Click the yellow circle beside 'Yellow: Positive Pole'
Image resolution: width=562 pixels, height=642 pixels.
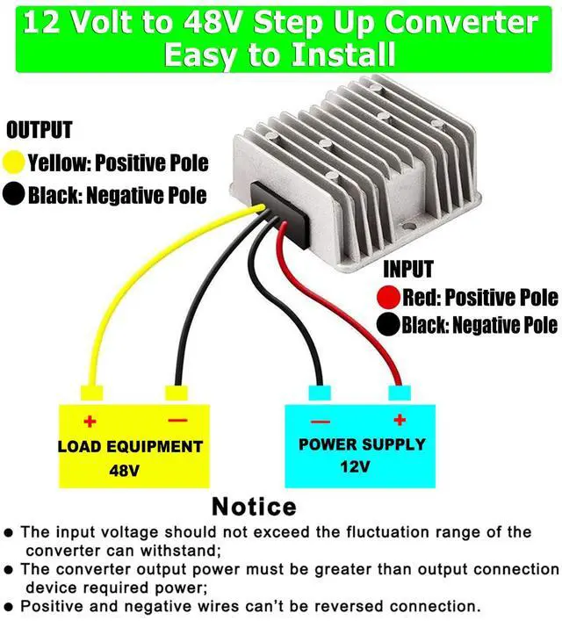tap(15, 162)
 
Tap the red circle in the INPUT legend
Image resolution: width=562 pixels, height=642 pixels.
tap(390, 296)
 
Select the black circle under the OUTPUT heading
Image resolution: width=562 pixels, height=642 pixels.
tap(15, 194)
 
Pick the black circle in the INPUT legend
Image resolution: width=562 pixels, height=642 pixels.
tap(390, 325)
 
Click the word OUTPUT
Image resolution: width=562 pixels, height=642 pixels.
tap(40, 131)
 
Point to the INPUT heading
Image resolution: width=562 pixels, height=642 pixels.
tap(408, 269)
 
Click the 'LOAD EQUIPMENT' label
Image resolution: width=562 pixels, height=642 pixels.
tap(130, 446)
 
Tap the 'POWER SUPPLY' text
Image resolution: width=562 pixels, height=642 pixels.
tap(362, 444)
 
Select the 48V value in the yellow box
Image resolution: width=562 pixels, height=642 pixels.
tap(126, 470)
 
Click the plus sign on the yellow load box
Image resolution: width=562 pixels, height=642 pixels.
tap(89, 422)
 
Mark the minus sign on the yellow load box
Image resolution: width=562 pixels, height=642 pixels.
tap(177, 422)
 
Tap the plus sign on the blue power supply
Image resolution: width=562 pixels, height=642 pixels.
tap(400, 420)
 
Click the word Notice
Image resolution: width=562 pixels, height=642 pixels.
tap(254, 507)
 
